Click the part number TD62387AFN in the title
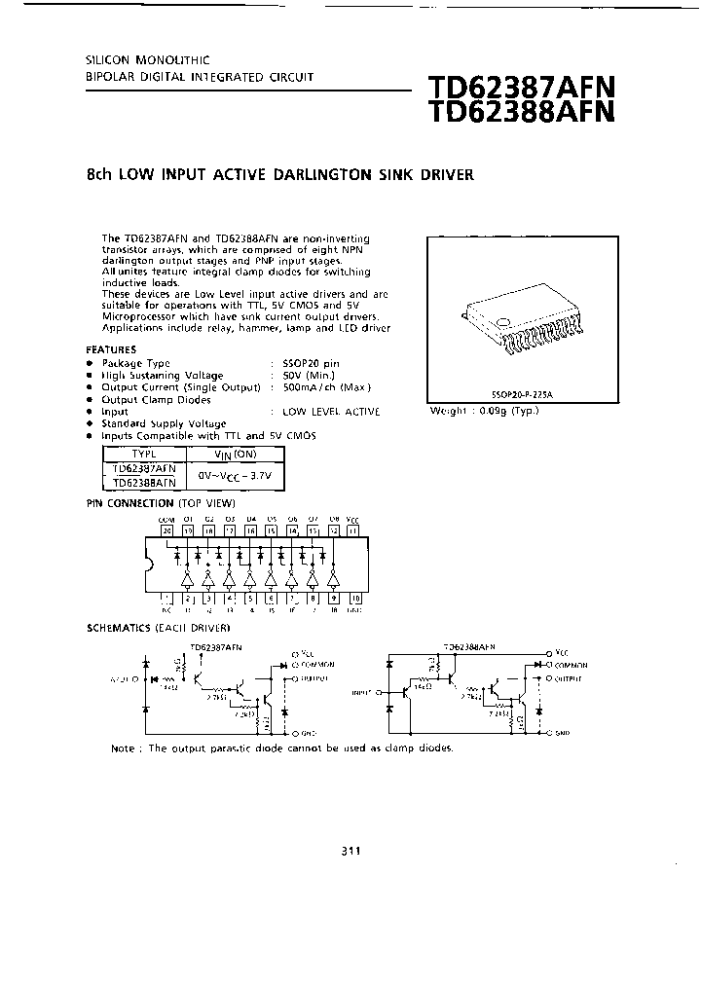click(x=521, y=90)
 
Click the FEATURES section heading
click(x=112, y=349)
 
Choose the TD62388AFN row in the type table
click(x=143, y=482)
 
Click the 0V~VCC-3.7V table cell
click(x=235, y=475)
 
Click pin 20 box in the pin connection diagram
click(x=166, y=531)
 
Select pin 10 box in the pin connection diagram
click(x=354, y=598)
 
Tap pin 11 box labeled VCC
click(x=353, y=531)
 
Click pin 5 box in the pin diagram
click(x=249, y=598)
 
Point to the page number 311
click(x=350, y=852)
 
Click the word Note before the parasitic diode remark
click(x=123, y=748)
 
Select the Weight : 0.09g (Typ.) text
click(x=484, y=411)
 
